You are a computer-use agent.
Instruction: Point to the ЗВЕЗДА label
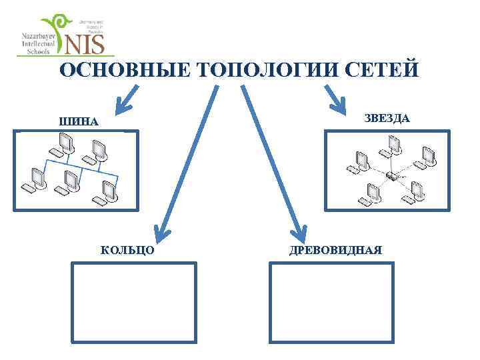(x=387, y=118)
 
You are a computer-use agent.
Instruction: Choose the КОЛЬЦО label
(x=127, y=250)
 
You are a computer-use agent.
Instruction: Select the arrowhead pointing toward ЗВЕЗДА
(x=338, y=103)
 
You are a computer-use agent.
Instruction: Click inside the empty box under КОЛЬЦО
(x=134, y=303)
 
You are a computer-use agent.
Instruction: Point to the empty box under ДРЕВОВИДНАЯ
(x=331, y=303)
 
